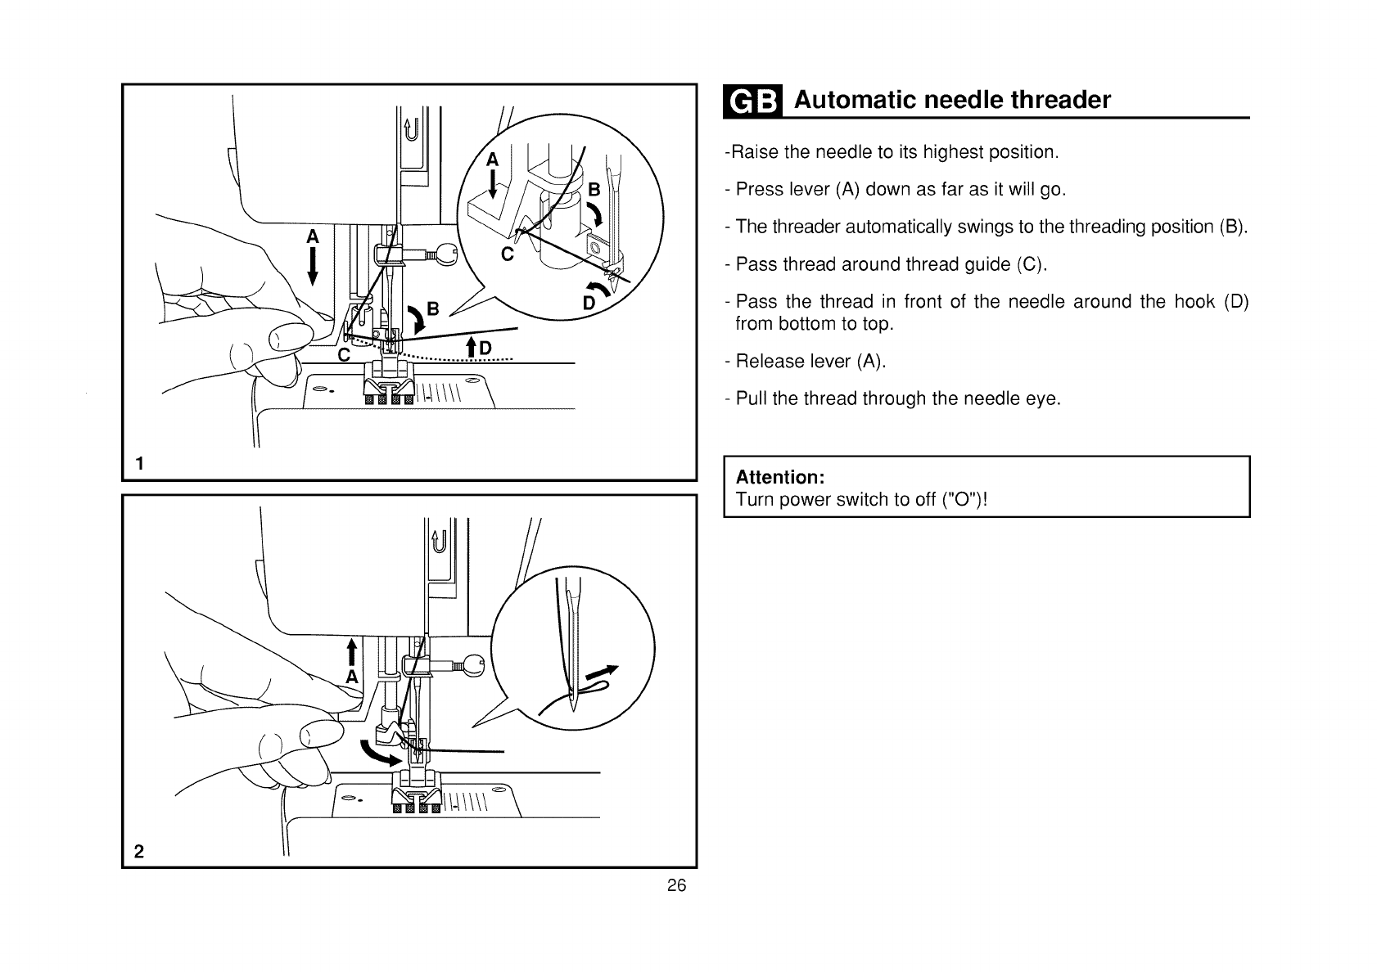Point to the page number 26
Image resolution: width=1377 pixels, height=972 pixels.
click(x=676, y=885)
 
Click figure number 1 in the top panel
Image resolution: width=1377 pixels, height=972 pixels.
click(x=140, y=464)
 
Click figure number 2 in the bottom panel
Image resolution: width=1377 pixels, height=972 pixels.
click(x=139, y=851)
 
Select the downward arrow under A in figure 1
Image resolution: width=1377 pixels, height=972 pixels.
click(x=312, y=268)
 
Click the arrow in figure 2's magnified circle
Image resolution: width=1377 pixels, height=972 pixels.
click(x=602, y=674)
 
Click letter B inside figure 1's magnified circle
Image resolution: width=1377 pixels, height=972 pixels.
click(x=594, y=191)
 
